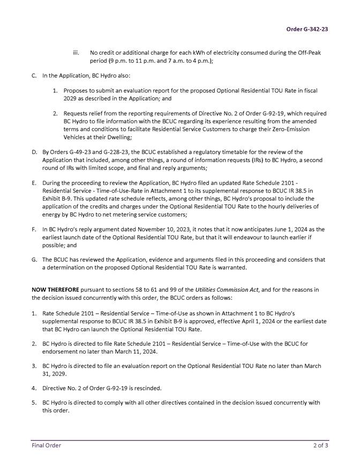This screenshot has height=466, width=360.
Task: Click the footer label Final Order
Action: (46, 445)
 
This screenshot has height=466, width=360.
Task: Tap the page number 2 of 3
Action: (321, 445)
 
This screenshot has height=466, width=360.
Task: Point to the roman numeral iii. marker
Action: (76, 53)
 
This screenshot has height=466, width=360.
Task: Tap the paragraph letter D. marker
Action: (35, 152)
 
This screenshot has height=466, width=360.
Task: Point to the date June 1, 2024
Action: (273, 229)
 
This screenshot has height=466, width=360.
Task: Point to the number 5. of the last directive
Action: (34, 402)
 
